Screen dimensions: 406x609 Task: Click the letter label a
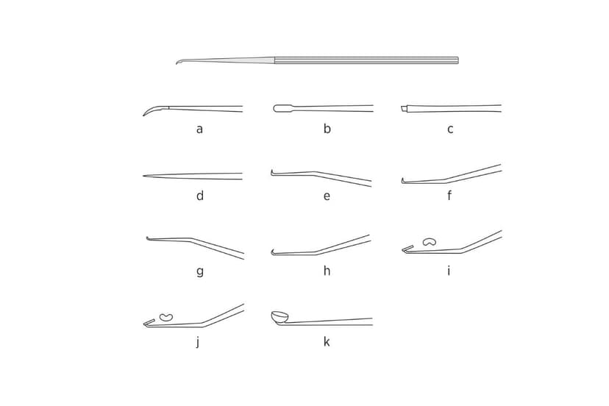[199, 129]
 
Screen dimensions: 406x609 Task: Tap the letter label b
[327, 129]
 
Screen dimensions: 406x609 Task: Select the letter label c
[450, 129]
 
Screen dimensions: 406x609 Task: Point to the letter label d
[199, 196]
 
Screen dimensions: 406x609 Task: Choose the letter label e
[327, 196]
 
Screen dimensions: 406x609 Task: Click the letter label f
[449, 196]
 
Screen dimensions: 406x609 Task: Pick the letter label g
[199, 271]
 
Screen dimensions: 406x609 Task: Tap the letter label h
[327, 271]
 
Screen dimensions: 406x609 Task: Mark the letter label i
[449, 271]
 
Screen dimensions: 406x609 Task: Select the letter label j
[197, 342]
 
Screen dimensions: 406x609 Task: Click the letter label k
[327, 342]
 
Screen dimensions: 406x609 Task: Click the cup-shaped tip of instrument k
[279, 317]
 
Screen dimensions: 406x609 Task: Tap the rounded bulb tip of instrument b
[281, 108]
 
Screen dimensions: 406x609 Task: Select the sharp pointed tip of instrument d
[144, 176]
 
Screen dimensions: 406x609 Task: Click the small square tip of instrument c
[404, 109]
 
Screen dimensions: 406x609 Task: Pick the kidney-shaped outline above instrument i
[429, 241]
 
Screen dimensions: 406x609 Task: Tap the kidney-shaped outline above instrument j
[166, 317]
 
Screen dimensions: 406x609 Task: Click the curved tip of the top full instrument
[179, 62]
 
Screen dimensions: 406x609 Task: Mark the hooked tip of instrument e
[272, 173]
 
